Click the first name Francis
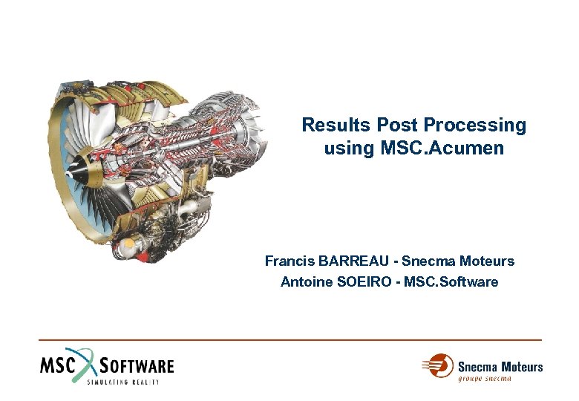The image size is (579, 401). point(289,261)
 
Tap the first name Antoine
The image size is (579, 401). point(305,282)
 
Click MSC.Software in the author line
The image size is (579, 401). point(453,282)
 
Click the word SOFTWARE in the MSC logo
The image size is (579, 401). point(137,365)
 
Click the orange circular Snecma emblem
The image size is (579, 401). point(439,366)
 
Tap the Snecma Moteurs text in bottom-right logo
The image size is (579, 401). point(500,366)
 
